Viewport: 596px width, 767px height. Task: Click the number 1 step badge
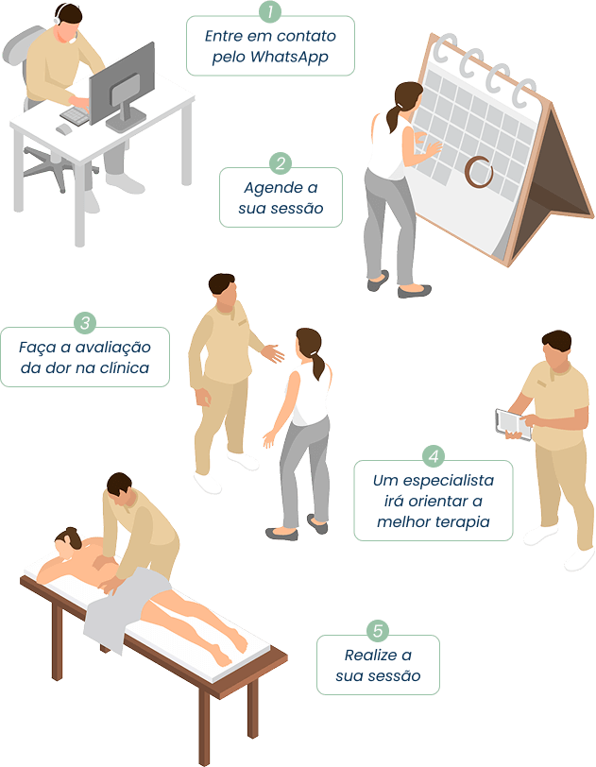coord(270,11)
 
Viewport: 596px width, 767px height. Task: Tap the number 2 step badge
coord(281,163)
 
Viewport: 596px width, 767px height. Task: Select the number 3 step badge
coord(85,323)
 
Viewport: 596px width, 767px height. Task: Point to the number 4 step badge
coord(434,456)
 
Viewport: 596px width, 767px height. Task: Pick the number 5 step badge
coord(378,631)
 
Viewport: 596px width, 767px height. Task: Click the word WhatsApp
coord(289,58)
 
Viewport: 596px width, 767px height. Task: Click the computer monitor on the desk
coord(123,86)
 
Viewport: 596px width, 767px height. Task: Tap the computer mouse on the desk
coord(64,129)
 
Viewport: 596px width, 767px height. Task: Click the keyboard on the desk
coord(76,115)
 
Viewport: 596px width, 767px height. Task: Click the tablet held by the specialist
coord(513,424)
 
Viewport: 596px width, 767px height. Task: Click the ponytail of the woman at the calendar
coord(394,118)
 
